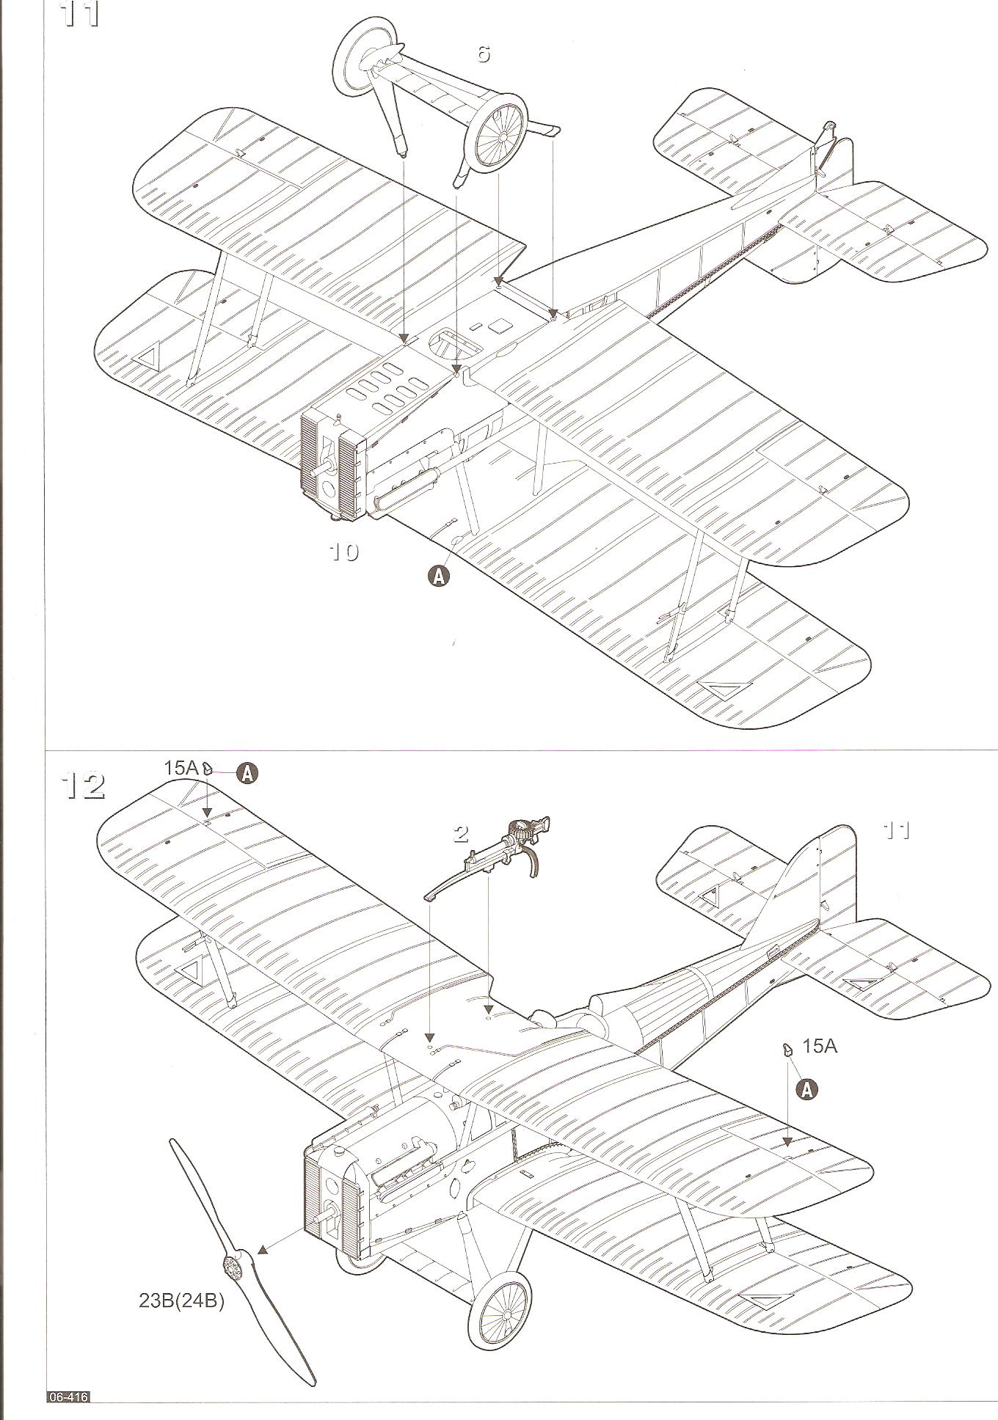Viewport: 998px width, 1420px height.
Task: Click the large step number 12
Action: pyautogui.click(x=84, y=786)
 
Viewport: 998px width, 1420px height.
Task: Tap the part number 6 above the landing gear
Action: pyautogui.click(x=483, y=54)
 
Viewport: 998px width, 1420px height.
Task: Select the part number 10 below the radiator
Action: pyautogui.click(x=343, y=552)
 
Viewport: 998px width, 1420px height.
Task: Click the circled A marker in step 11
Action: pyautogui.click(x=439, y=576)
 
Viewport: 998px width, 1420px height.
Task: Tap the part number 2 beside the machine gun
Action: pyautogui.click(x=461, y=833)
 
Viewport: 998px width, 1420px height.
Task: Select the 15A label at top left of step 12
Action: pyautogui.click(x=181, y=768)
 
